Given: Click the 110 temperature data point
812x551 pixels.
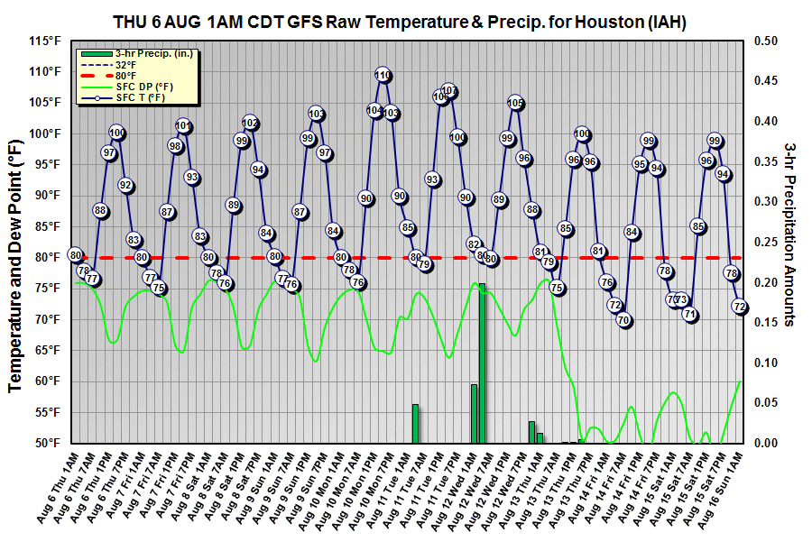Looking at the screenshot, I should point(383,76).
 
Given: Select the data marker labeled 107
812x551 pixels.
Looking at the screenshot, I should point(449,92).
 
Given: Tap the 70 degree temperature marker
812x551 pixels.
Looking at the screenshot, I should point(623,320).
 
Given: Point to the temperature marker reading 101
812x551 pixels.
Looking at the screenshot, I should point(183,126).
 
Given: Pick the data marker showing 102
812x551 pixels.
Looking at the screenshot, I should point(250,123).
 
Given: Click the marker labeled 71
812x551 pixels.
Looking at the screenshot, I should point(690,315).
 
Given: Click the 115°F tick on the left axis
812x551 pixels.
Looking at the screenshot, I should point(45,41).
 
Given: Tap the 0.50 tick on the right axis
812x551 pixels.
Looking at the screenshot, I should point(765,41).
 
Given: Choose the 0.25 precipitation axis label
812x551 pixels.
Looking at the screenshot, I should point(765,242).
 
